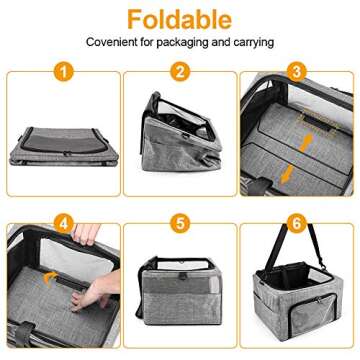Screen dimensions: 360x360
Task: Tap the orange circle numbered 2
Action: coord(180,72)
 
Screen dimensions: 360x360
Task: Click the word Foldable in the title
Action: coord(180,18)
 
